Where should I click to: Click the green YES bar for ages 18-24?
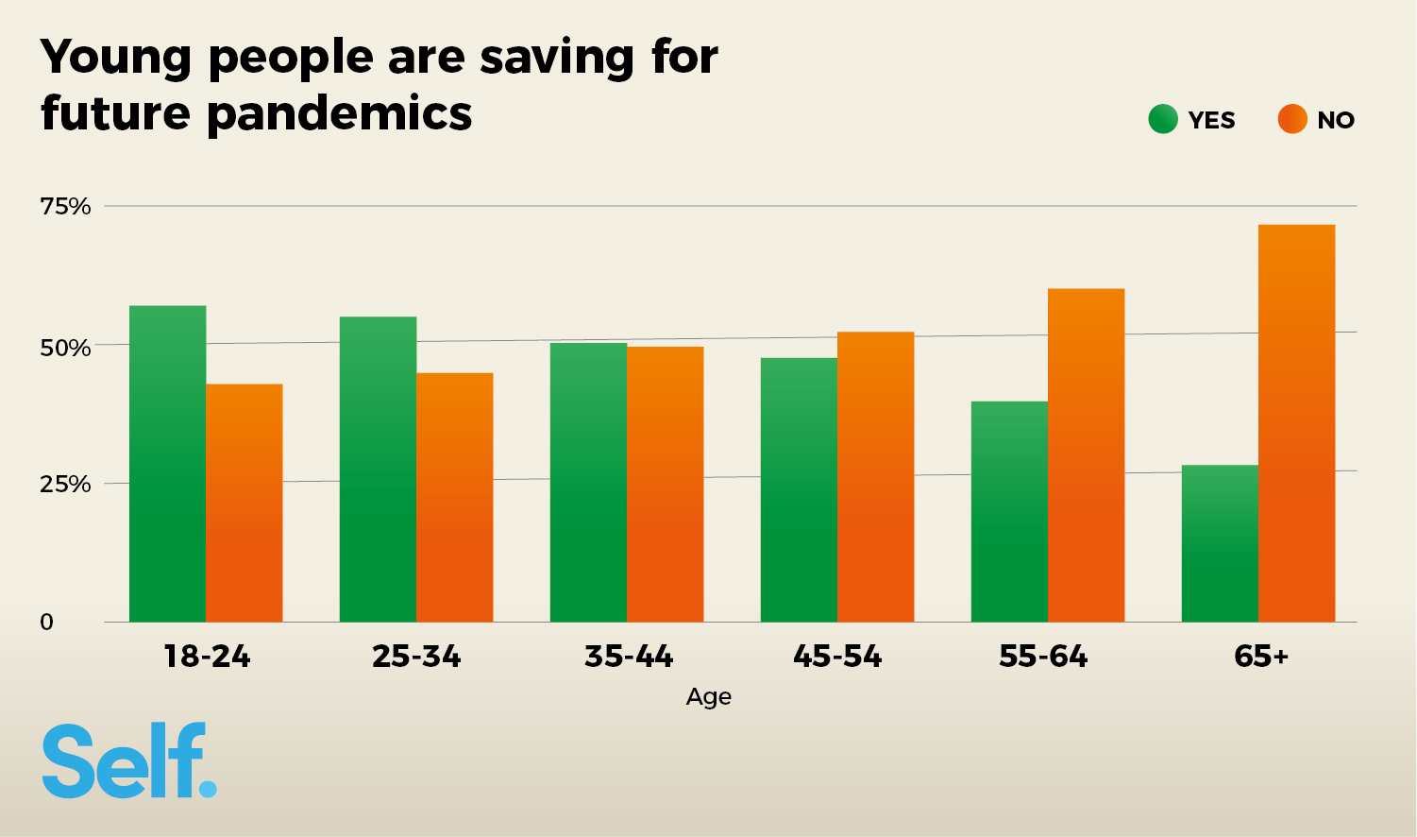click(x=167, y=463)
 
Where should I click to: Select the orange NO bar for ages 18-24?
click(x=244, y=503)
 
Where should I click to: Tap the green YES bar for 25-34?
click(x=378, y=469)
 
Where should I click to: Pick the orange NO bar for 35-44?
click(x=665, y=484)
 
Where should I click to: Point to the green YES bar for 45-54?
click(x=799, y=489)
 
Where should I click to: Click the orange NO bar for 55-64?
click(x=1086, y=454)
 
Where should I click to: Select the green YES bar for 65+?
click(x=1220, y=543)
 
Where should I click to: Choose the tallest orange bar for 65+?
click(x=1296, y=422)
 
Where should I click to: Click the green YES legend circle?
click(x=1163, y=120)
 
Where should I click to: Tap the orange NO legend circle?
click(x=1292, y=120)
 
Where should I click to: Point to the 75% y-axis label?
click(x=65, y=206)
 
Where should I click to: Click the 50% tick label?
click(x=65, y=348)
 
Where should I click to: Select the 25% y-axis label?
click(x=65, y=485)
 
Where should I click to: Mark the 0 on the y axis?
click(x=46, y=622)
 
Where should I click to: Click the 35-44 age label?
click(x=629, y=656)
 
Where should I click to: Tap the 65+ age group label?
click(x=1261, y=656)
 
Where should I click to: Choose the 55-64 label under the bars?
click(x=1043, y=656)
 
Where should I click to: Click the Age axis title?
click(x=709, y=697)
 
